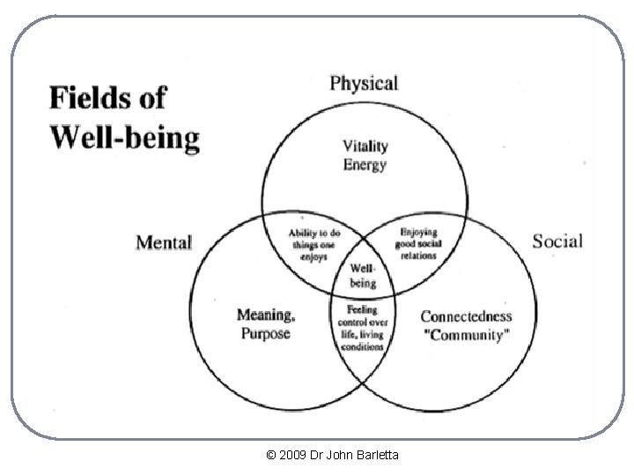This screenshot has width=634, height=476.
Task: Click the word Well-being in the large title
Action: click(125, 138)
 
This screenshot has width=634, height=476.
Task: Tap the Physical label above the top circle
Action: click(364, 85)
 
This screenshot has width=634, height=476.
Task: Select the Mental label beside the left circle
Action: click(164, 243)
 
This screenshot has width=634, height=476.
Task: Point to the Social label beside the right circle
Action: click(557, 242)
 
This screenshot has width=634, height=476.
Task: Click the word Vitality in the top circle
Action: click(365, 146)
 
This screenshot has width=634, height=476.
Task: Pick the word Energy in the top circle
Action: click(365, 165)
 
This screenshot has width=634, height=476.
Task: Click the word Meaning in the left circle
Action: click(266, 316)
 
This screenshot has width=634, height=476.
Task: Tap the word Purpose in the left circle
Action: click(266, 334)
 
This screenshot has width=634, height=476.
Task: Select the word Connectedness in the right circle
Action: click(466, 316)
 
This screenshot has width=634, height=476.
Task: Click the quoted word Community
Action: click(466, 335)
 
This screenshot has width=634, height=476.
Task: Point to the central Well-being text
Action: click(363, 276)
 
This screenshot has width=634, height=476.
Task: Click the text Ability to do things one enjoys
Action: click(313, 245)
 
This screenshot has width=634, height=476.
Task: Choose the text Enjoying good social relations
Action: click(418, 243)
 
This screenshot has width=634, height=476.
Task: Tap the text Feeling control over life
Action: click(363, 323)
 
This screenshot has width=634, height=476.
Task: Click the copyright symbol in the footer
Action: click(270, 455)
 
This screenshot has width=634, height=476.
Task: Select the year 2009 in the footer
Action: click(292, 455)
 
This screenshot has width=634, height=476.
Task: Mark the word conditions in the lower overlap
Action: click(362, 347)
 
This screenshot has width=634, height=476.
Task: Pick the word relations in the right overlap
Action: click(418, 256)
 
